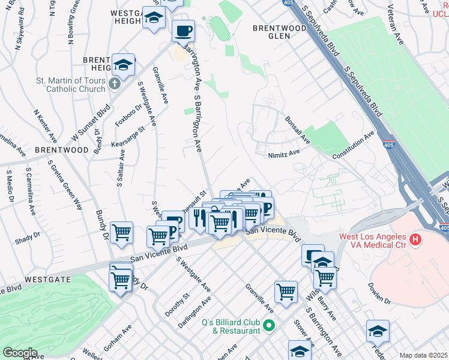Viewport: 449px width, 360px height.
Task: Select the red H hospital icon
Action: [414, 241]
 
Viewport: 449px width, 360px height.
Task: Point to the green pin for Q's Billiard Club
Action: [269, 326]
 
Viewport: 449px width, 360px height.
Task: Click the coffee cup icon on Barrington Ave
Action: [183, 30]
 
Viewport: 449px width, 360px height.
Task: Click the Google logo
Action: [20, 353]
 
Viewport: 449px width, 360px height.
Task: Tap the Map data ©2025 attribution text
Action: [423, 355]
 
